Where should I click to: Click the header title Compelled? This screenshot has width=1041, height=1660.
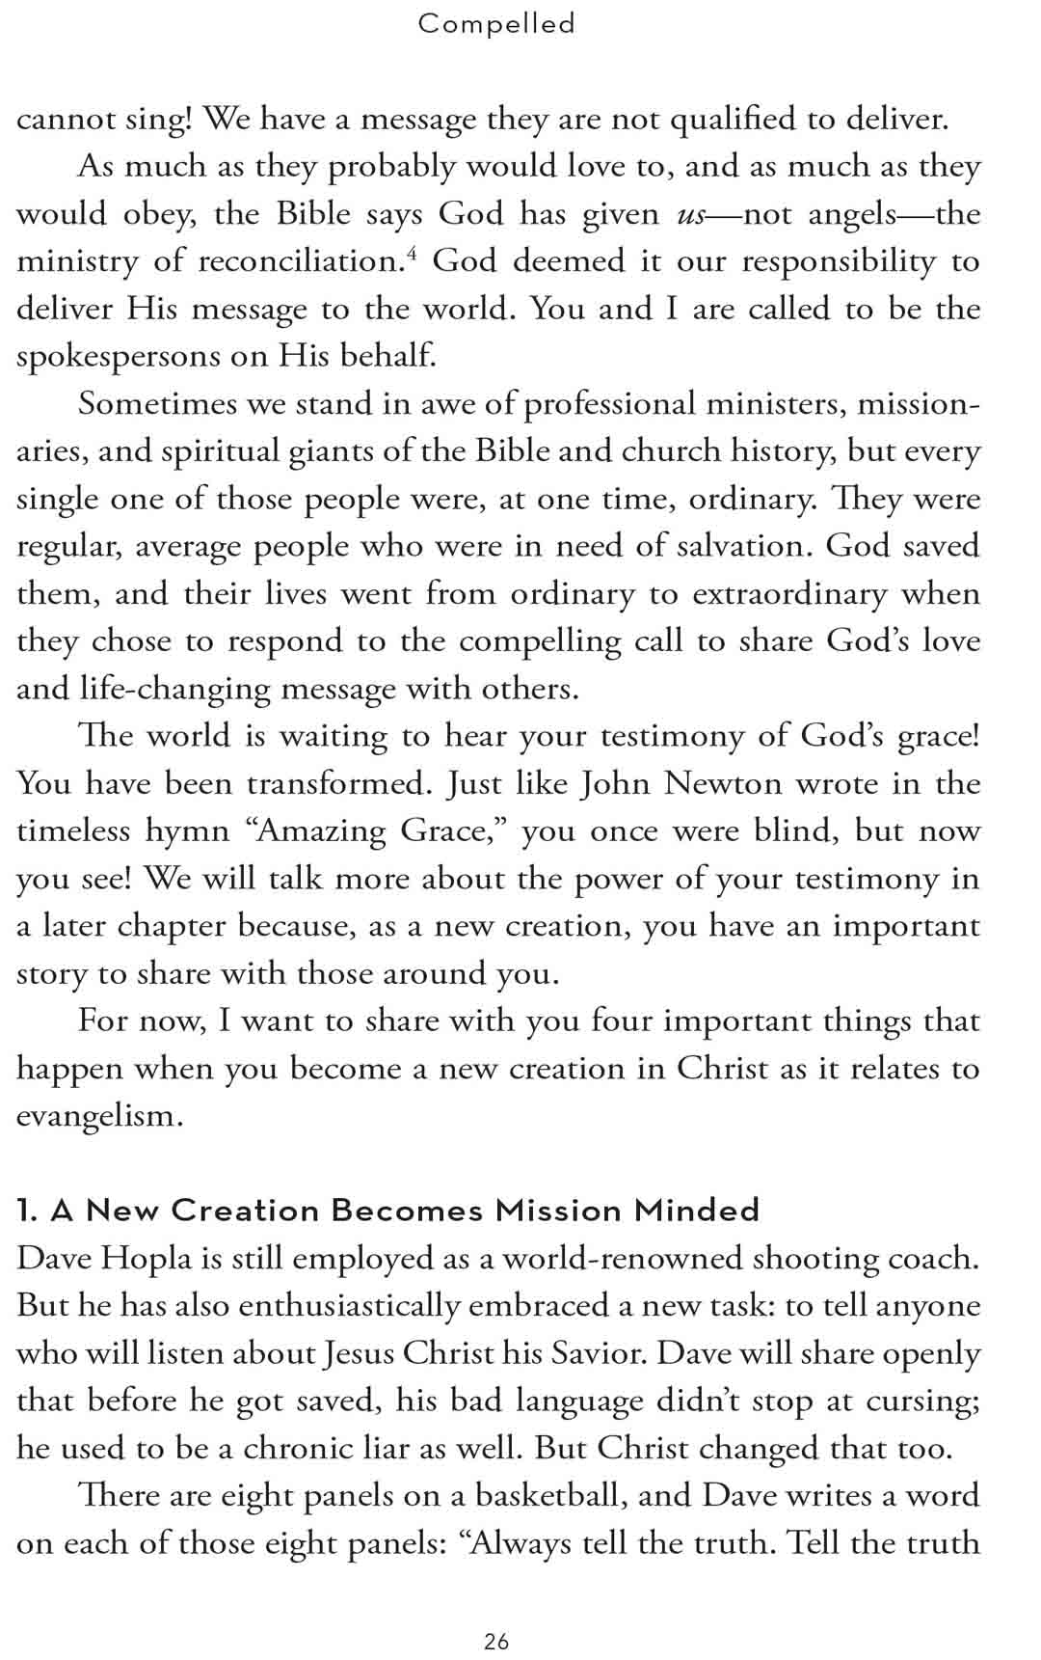[x=496, y=23]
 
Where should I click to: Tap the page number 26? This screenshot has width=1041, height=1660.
[x=496, y=1641]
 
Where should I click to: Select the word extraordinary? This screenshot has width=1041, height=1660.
[x=789, y=594]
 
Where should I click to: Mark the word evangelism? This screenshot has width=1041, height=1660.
[x=99, y=1116]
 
